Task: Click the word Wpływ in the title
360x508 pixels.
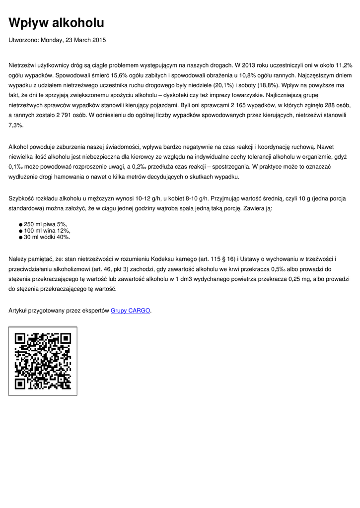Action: coord(29,23)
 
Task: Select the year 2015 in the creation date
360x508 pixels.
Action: coord(98,40)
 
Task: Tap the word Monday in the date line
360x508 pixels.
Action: coord(52,40)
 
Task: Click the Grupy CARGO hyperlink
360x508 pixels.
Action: coord(130,311)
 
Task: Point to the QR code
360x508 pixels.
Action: coord(43,361)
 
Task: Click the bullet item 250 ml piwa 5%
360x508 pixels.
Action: coord(45,224)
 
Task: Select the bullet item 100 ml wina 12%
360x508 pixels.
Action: coord(47,231)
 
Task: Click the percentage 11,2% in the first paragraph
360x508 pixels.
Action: coord(344,65)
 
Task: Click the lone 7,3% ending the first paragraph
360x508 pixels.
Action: coord(16,126)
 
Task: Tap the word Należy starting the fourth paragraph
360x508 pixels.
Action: coord(19,259)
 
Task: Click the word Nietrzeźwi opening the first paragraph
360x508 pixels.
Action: coord(24,65)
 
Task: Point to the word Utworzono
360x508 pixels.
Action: coord(23,40)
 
